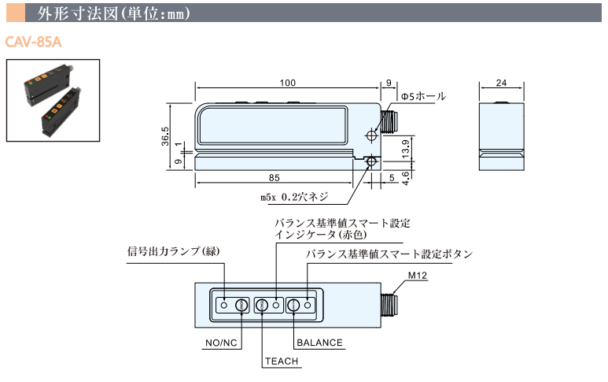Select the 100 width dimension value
click(287, 82)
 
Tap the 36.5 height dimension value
click(165, 131)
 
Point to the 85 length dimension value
click(275, 176)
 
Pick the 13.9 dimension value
click(405, 146)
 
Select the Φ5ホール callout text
click(423, 96)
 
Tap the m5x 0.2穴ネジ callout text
click(293, 197)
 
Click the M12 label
click(417, 276)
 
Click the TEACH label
click(280, 362)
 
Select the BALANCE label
click(320, 343)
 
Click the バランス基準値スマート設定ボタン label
click(389, 254)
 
